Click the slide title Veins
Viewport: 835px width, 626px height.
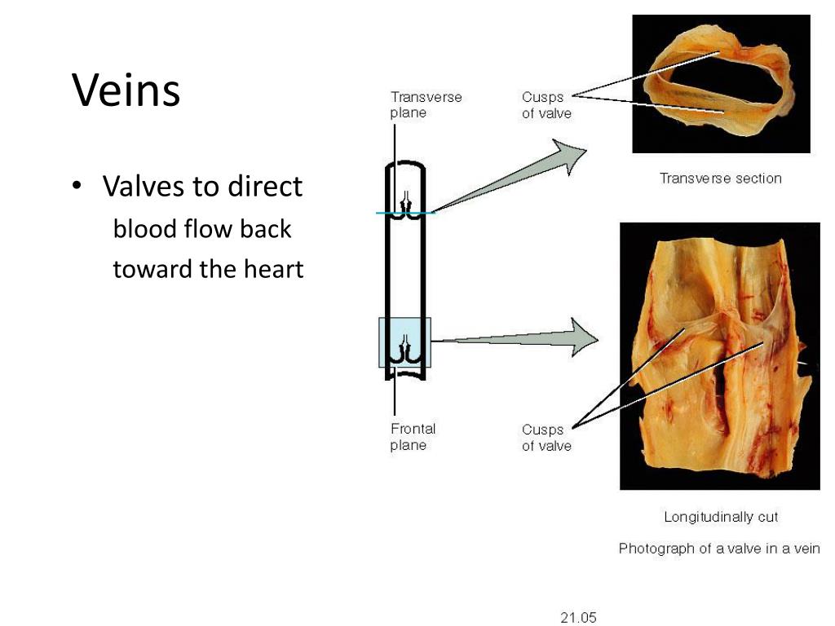pos(126,90)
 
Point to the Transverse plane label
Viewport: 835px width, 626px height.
pos(426,104)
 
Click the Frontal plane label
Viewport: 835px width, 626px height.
pos(413,437)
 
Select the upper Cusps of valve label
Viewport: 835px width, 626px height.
pos(546,105)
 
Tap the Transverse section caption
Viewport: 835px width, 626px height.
pos(720,179)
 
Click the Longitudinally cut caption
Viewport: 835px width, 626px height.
pos(721,517)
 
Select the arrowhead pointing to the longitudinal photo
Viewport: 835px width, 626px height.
pos(582,337)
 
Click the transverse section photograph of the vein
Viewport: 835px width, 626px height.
pos(721,83)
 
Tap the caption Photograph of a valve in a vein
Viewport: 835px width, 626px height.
pos(719,549)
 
